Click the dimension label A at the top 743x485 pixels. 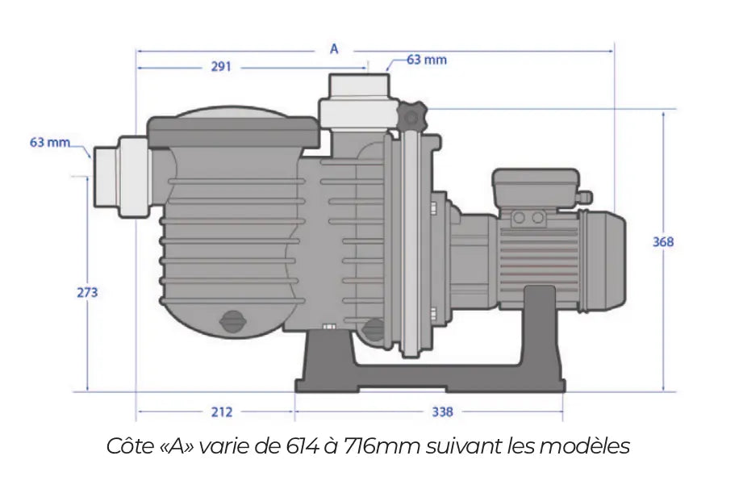point(334,48)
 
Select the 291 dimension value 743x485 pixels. point(221,67)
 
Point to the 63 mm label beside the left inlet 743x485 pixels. point(50,143)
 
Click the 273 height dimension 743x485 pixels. point(87,292)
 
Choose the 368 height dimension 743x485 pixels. point(663,241)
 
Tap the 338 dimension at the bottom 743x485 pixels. point(442,412)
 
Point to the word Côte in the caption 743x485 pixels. point(128,445)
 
